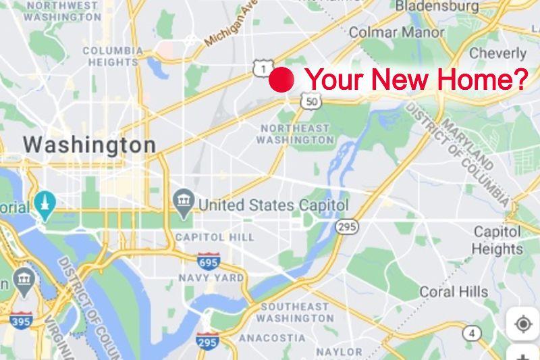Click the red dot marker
[x=281, y=79]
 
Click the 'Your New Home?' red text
[x=416, y=80]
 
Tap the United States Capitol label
[x=273, y=204]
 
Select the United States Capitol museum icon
[x=184, y=201]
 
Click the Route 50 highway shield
[x=310, y=101]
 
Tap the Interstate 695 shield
[x=208, y=260]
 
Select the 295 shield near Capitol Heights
[x=347, y=226]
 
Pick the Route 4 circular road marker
[x=472, y=333]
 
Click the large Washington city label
[x=89, y=145]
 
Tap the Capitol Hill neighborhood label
[x=215, y=237]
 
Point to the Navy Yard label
[x=211, y=278]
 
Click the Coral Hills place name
[x=454, y=292]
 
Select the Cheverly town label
[x=497, y=53]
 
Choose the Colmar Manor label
[x=396, y=32]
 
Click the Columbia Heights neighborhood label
[x=113, y=56]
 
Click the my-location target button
[x=522, y=324]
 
